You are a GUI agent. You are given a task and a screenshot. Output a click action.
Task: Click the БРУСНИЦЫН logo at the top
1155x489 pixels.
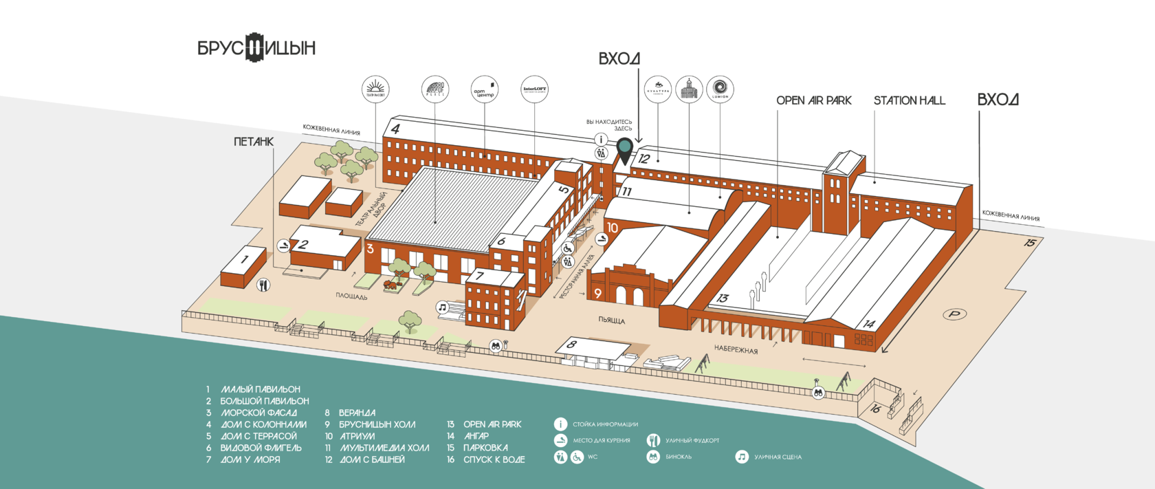(256, 47)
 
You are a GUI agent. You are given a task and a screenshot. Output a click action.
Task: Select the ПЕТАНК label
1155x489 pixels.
(253, 142)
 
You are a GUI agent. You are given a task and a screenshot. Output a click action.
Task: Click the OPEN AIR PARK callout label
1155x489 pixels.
(814, 100)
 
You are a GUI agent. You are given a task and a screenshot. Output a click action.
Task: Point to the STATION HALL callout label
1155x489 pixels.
(909, 100)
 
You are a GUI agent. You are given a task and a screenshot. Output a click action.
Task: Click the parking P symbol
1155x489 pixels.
(954, 314)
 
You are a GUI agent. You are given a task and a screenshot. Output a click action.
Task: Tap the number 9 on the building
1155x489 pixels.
(597, 294)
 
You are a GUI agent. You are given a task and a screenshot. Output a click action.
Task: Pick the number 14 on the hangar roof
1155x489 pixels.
(869, 324)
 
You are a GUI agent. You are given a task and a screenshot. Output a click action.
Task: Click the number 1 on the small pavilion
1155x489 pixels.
(243, 260)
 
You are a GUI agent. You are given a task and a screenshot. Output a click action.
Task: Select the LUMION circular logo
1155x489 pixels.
(720, 89)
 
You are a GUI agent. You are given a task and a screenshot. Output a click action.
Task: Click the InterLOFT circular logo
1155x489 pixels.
(534, 89)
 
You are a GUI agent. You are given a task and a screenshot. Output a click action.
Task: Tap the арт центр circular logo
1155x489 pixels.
(484, 89)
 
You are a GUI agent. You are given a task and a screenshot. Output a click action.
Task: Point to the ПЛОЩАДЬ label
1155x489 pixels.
(351, 296)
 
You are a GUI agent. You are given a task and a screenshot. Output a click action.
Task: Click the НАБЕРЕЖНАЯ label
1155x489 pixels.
(736, 349)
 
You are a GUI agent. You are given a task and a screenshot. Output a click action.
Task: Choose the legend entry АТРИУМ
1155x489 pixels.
(357, 436)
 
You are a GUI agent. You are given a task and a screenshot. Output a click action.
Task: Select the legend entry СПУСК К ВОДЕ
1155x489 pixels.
(494, 459)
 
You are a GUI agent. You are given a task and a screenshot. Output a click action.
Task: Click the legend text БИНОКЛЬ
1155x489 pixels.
(679, 457)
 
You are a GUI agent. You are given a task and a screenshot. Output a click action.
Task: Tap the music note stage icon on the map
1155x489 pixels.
(443, 307)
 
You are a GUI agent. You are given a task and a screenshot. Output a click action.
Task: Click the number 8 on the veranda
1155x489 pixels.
(571, 345)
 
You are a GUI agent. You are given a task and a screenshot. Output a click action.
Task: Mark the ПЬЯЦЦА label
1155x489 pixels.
(611, 320)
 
